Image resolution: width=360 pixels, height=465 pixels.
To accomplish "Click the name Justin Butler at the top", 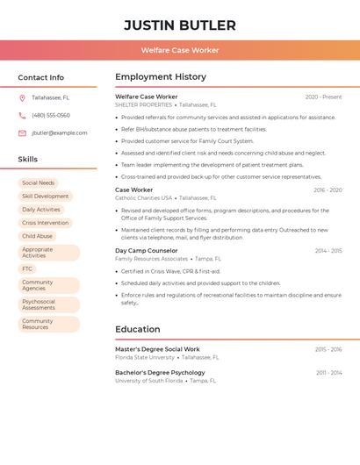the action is coord(180,25).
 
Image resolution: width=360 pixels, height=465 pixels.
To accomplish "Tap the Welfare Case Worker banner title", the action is coord(180,50).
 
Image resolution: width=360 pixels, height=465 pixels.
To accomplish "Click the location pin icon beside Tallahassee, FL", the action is coord(22,97).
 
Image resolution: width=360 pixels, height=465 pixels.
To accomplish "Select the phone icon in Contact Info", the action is coord(22,115).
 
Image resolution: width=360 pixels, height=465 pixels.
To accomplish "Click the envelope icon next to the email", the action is coord(22,132).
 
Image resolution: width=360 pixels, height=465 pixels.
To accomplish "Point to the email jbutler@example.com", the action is coord(60,132).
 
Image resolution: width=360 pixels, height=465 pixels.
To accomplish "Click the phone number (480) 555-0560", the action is coord(50,115).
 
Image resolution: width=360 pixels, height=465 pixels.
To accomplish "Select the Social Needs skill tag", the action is coord(38,183).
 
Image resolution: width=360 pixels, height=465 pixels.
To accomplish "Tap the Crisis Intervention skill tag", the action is coord(45,223).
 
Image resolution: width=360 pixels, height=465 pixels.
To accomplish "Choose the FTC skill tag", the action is coord(27,268).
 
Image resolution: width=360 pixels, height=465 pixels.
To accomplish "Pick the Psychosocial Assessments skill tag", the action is coord(39,304).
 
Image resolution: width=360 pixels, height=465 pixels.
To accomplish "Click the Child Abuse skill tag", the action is coord(37,236).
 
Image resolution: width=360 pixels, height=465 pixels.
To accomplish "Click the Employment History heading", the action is coord(161,76).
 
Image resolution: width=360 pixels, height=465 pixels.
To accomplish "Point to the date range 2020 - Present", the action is coord(323,97).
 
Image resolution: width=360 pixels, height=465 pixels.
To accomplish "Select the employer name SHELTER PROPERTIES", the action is coord(143,104).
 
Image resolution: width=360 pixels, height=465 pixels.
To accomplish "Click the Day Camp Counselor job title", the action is coord(146,250).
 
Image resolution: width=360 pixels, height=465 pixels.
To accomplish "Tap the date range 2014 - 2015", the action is coord(328,251).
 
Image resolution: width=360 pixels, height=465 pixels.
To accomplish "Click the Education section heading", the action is coord(138,329).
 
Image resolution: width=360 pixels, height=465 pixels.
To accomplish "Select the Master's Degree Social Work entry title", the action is coord(157,349).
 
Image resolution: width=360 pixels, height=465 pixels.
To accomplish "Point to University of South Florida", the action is coord(148,381).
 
